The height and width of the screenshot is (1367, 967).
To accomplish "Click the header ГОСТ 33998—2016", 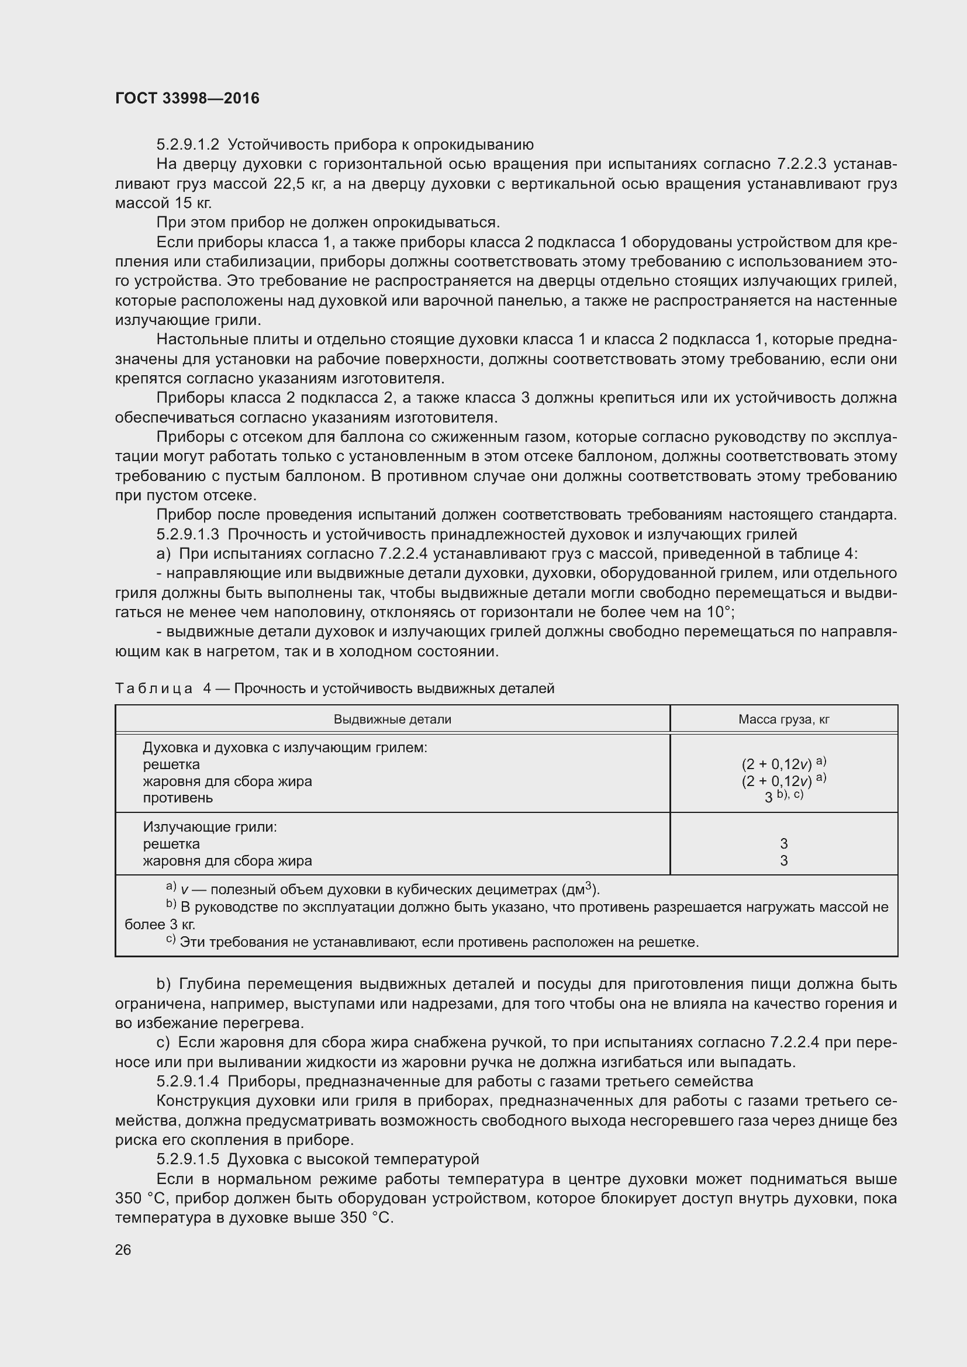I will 187,98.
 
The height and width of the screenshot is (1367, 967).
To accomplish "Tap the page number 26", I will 123,1250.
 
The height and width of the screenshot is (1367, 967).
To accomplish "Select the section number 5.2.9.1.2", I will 188,145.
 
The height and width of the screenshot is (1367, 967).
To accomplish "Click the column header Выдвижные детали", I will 392,719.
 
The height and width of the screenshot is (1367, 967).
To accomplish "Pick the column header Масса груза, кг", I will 783,719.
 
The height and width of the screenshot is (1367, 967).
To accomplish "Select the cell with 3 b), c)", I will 783,796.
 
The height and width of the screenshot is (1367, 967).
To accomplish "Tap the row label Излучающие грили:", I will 210,827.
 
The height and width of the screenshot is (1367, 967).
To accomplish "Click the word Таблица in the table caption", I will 154,689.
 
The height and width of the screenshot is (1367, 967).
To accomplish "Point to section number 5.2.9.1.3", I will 188,535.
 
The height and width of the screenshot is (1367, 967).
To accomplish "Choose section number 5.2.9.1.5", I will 188,1159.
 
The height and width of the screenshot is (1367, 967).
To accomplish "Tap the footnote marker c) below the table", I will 171,940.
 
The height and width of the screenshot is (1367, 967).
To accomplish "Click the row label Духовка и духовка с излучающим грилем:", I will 285,748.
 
